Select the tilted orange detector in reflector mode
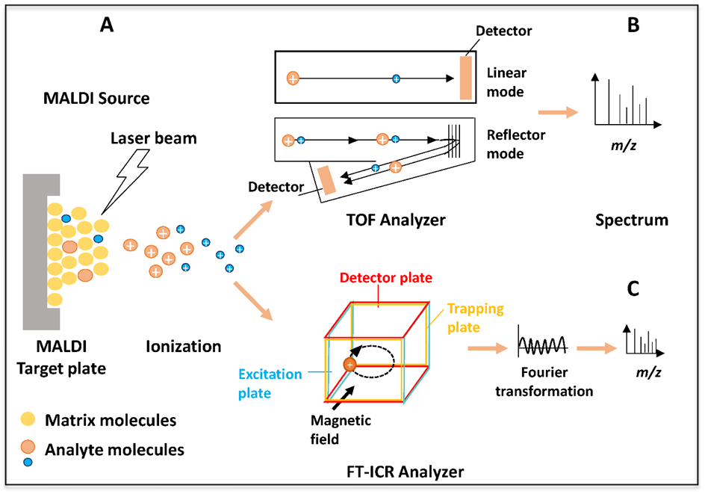327,184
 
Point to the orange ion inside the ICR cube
349,364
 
